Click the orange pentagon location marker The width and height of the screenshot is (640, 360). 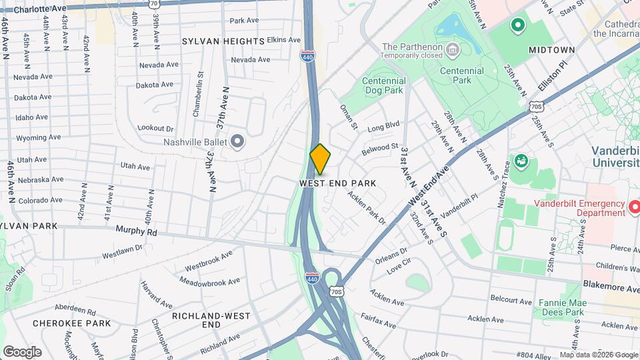pyautogui.click(x=320, y=159)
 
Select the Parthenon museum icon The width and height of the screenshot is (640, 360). pyautogui.click(x=453, y=49)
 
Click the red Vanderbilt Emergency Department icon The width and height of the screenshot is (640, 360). pyautogui.click(x=635, y=209)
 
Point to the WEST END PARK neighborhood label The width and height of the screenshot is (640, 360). pyautogui.click(x=338, y=183)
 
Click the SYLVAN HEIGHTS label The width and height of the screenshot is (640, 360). pyautogui.click(x=223, y=41)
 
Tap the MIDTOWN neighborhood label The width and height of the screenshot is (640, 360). pyautogui.click(x=552, y=50)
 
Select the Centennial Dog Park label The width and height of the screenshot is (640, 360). pyautogui.click(x=383, y=85)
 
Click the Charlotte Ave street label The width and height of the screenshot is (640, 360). pyautogui.click(x=45, y=9)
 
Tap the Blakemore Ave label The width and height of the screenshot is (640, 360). pyautogui.click(x=611, y=289)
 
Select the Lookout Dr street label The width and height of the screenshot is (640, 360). pyautogui.click(x=155, y=128)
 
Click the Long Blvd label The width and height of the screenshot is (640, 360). pyautogui.click(x=383, y=125)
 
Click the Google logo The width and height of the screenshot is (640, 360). pyautogui.click(x=22, y=352)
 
